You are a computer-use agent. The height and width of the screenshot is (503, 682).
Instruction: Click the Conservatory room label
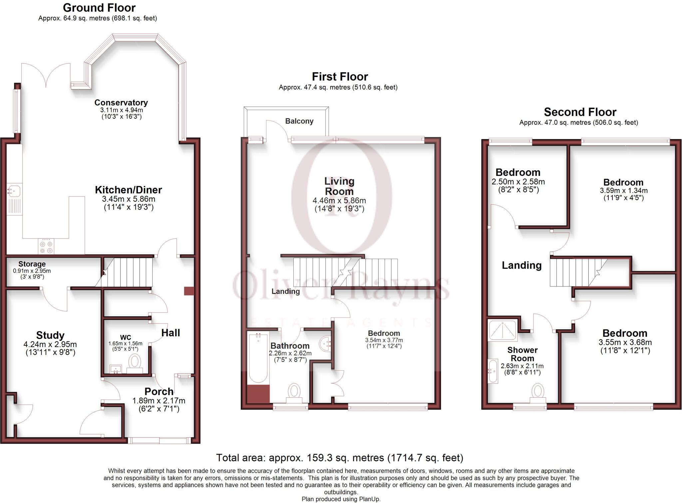pyautogui.click(x=121, y=103)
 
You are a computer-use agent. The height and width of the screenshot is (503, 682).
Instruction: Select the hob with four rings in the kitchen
pyautogui.click(x=46, y=247)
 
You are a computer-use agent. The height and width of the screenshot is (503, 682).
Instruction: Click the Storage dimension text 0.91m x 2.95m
pyautogui.click(x=32, y=271)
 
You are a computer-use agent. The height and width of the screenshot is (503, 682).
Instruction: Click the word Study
pyautogui.click(x=50, y=335)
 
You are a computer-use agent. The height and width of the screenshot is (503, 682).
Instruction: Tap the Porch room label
pyautogui.click(x=159, y=391)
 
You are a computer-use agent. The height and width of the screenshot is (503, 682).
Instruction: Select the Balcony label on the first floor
pyautogui.click(x=299, y=121)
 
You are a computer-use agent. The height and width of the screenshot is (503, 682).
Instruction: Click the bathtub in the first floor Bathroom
pyautogui.click(x=258, y=358)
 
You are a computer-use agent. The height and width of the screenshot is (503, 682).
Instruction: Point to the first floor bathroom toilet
pyautogui.click(x=294, y=391)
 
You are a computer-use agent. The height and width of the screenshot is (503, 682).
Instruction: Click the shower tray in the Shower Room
pyautogui.click(x=503, y=330)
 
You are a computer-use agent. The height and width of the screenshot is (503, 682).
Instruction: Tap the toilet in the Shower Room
pyautogui.click(x=538, y=391)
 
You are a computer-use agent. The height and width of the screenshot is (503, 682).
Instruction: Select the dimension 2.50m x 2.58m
pyautogui.click(x=518, y=182)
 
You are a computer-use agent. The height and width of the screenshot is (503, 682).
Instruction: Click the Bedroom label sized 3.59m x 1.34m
pyautogui.click(x=623, y=182)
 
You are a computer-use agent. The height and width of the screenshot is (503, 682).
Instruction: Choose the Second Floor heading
pyautogui.click(x=580, y=112)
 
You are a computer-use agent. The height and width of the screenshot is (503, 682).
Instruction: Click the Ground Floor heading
pyautogui.click(x=99, y=8)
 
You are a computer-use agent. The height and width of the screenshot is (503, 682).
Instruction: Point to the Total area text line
pyautogui.click(x=339, y=458)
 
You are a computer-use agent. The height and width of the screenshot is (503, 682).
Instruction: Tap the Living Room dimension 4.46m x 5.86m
pyautogui.click(x=339, y=201)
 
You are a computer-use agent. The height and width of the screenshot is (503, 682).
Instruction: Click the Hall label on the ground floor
pyautogui.click(x=170, y=333)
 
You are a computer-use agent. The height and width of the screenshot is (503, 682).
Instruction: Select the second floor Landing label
pyautogui.click(x=521, y=265)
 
